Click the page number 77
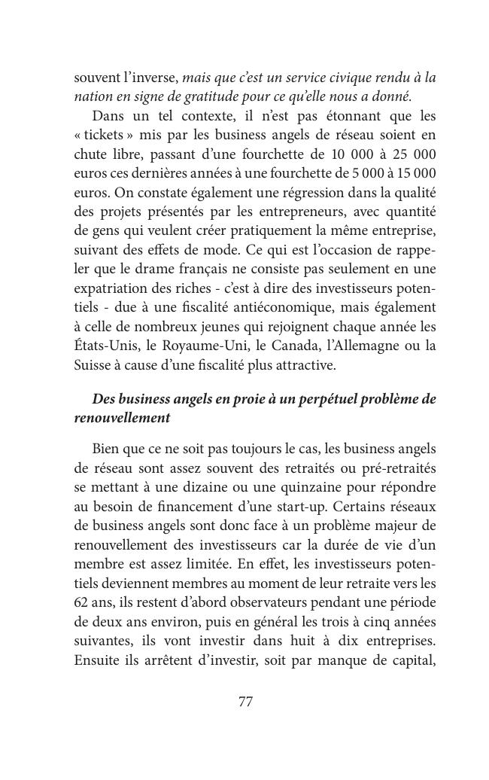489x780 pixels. click(245, 702)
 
